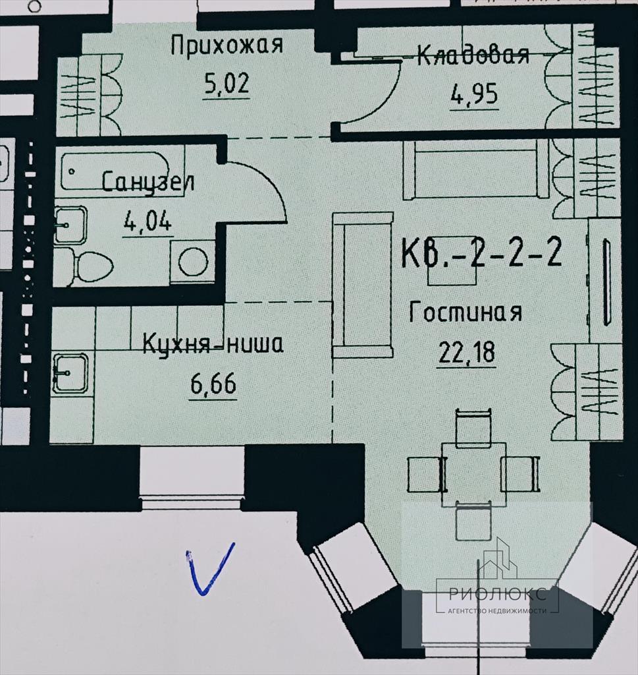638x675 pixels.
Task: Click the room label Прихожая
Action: coord(227,45)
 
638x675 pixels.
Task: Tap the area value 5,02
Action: coord(226,83)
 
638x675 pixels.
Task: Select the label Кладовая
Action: coord(473,55)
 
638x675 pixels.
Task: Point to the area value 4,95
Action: coord(474,94)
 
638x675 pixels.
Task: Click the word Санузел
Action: coord(148,182)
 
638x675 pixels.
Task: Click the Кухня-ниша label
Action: coord(213,344)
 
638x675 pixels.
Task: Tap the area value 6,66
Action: coord(213,384)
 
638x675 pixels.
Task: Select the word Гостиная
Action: coord(465,312)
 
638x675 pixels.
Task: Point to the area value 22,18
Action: coord(466,352)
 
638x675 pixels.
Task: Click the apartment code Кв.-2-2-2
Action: coord(481,252)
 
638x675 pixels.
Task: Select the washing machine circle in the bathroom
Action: coord(193,262)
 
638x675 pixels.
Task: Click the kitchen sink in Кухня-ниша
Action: coord(70,373)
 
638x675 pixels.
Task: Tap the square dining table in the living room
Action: coord(474,474)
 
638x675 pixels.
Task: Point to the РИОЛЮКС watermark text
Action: coord(497,594)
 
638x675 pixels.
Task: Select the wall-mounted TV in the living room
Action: coord(606,282)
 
